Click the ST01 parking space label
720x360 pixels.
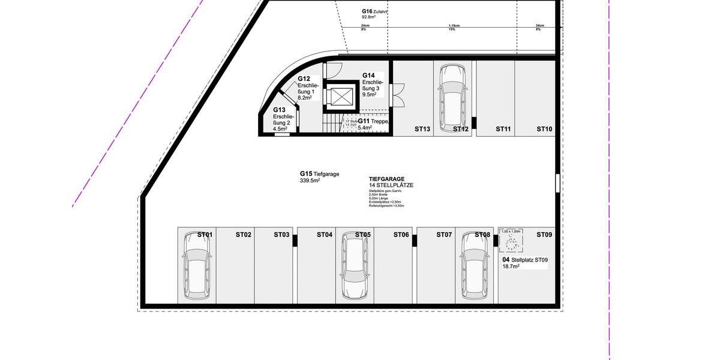point(205,235)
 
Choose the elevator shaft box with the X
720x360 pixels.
point(340,97)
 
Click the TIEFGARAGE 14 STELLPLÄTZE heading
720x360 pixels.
point(391,182)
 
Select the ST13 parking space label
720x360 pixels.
point(422,129)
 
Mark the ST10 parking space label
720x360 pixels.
point(544,129)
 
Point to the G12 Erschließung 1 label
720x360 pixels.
point(305,88)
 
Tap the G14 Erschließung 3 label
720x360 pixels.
point(370,85)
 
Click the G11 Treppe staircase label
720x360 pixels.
point(373,124)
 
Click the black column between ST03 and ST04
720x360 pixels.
point(295,241)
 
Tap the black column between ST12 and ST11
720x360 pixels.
point(473,123)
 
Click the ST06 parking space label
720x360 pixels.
point(401,235)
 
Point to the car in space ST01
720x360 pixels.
point(196,274)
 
